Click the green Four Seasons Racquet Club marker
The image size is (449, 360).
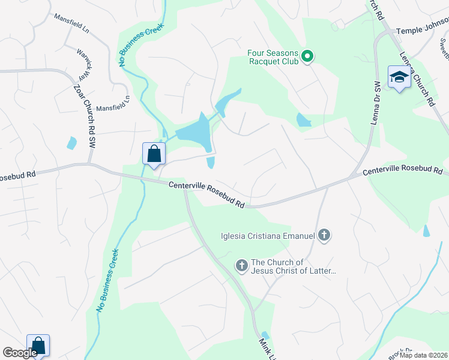[307, 57]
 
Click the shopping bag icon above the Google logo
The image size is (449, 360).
[38, 346]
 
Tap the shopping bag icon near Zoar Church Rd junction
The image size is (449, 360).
[154, 154]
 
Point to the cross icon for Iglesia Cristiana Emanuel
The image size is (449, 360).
[324, 235]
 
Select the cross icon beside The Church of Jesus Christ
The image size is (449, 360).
[242, 266]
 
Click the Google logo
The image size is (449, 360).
[20, 353]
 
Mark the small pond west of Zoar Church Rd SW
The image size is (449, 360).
[72, 143]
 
